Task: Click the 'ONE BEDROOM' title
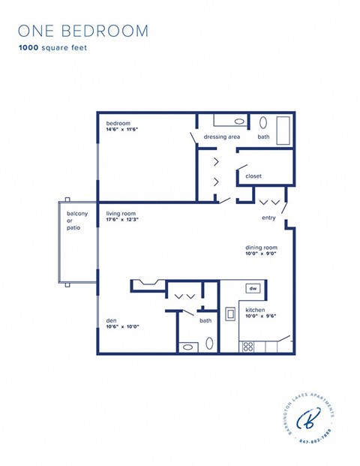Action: pos(82,31)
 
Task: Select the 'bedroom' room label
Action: pos(118,122)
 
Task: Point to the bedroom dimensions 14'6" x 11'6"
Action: pos(122,129)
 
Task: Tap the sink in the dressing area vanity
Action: pos(239,120)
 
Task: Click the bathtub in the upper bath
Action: pos(283,129)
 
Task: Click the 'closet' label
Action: pos(253,176)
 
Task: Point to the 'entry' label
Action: pos(268,218)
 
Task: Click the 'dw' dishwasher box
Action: pos(253,288)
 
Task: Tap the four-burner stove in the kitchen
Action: pos(247,346)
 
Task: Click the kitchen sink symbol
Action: pos(230,313)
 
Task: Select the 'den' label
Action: pos(112,320)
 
